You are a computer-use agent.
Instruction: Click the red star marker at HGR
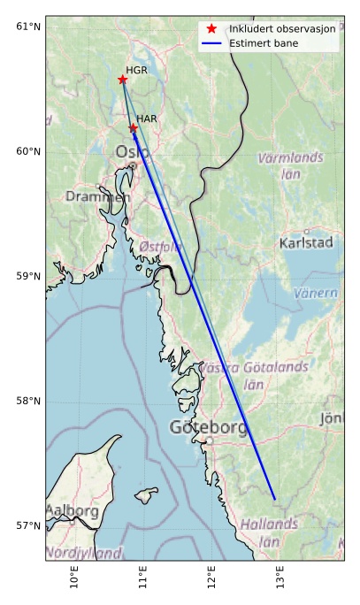(123, 80)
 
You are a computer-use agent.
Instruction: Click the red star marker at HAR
(134, 128)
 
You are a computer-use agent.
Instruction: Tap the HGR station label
(136, 70)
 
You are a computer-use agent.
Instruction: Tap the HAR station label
(147, 119)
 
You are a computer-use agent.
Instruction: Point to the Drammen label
(96, 196)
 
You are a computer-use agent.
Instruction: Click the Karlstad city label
(306, 242)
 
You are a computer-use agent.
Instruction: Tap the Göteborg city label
(209, 428)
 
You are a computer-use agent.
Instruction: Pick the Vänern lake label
(316, 293)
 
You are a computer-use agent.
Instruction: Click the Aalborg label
(72, 511)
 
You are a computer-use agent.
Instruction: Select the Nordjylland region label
(83, 553)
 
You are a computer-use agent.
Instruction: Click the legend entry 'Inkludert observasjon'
(282, 29)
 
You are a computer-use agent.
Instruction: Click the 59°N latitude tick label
(28, 276)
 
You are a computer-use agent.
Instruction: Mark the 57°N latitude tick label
(28, 526)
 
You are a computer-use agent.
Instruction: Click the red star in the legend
(212, 29)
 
